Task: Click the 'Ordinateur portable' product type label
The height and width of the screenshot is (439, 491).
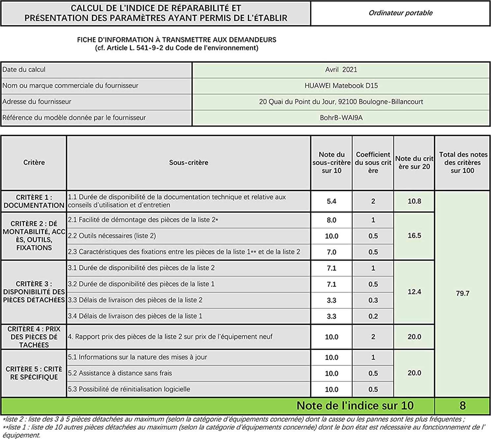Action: coord(400,13)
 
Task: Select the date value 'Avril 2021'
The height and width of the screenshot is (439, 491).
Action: coord(341,70)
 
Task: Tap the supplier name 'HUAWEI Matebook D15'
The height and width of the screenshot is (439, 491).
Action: coord(341,86)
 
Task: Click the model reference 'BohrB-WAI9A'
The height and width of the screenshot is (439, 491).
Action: coord(341,118)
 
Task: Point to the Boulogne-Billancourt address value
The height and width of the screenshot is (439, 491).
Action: coord(341,102)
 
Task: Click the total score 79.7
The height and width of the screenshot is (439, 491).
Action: coord(462,293)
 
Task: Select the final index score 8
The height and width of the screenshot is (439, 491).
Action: coord(462,406)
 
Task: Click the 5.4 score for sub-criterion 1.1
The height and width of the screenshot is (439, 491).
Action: coord(332,201)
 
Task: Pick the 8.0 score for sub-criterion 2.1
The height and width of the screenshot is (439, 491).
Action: coord(332,220)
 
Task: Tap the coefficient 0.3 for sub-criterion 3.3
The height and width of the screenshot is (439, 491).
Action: coord(373,300)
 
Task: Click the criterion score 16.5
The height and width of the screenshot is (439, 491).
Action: coord(414,236)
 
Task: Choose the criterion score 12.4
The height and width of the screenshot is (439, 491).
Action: coord(414,292)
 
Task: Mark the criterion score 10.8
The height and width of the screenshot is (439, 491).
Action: coord(414,201)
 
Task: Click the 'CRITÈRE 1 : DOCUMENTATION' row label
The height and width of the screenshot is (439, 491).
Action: coord(34,201)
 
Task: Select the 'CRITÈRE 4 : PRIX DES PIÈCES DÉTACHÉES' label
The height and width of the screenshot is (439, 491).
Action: coord(34,337)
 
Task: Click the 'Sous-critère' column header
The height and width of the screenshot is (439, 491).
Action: coord(188,163)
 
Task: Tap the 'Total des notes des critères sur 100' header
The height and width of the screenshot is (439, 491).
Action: coord(463,163)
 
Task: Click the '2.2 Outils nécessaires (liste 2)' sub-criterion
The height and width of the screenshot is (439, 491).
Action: coord(112,236)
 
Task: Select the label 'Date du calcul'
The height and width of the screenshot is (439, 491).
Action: coord(24,70)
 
